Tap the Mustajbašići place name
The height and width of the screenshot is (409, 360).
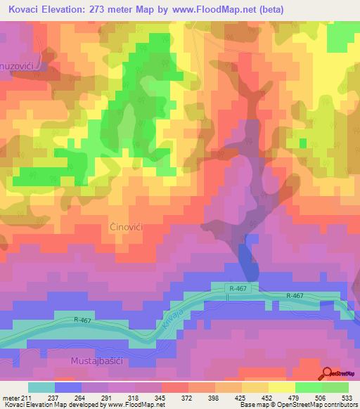click(x=101, y=361)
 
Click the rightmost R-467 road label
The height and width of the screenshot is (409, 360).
click(x=295, y=297)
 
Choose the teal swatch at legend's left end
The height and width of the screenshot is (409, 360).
click(x=41, y=387)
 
